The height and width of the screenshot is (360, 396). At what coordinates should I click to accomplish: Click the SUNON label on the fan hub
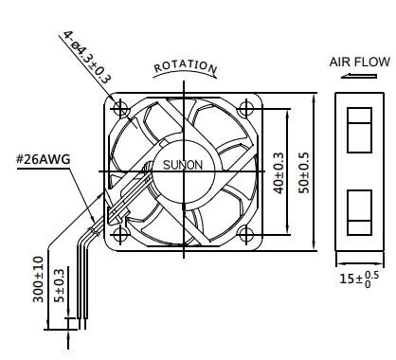pos(183,165)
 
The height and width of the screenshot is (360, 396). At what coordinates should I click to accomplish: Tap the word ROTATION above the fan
pos(186,66)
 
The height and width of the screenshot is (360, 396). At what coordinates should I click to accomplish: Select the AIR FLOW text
pos(360,62)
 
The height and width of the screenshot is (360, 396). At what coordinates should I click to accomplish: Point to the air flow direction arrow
pos(359,76)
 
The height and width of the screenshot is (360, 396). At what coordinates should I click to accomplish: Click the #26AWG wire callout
pos(44,159)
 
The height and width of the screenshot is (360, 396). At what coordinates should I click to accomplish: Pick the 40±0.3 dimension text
pos(279,173)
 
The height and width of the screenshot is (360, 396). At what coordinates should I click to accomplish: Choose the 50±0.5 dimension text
pos(305,173)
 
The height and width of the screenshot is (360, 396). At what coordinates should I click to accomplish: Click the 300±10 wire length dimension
pos(38,279)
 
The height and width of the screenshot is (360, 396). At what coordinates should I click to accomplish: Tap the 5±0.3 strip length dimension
pos(59,285)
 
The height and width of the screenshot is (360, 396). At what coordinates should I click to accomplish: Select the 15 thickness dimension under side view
pos(359,279)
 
